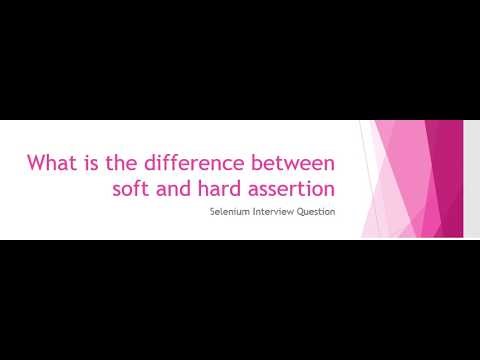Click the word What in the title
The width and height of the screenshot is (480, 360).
click(x=50, y=162)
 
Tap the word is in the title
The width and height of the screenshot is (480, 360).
click(x=88, y=162)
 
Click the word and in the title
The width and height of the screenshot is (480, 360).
click(x=171, y=187)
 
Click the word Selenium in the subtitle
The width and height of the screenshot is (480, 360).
click(x=230, y=212)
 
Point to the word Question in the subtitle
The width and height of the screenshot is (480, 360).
click(x=319, y=212)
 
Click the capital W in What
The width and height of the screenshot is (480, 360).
click(x=35, y=162)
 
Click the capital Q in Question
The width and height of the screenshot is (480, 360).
click(x=304, y=212)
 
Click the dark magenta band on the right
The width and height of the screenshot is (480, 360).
click(x=450, y=180)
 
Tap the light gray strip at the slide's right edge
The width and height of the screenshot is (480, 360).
click(x=471, y=180)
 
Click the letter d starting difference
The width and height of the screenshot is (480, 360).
click(x=145, y=162)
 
